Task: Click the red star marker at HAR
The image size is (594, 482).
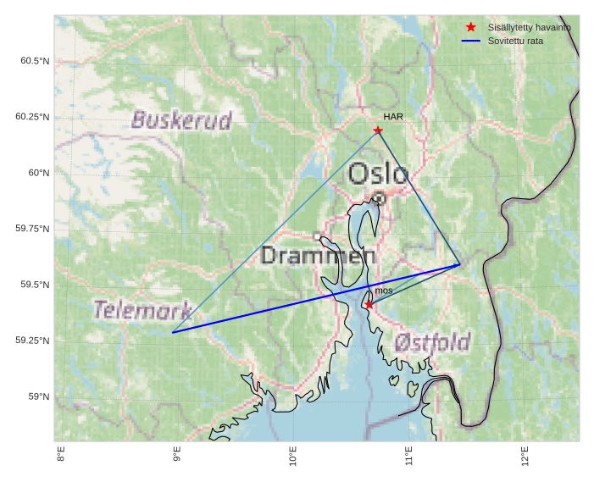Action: pyautogui.click(x=378, y=130)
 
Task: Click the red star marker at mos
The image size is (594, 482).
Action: pyautogui.click(x=369, y=304)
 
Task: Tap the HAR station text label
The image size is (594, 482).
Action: pyautogui.click(x=392, y=117)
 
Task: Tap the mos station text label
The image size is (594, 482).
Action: pyautogui.click(x=384, y=291)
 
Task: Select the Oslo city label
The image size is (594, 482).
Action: pyautogui.click(x=378, y=174)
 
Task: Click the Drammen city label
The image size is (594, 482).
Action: pyautogui.click(x=318, y=255)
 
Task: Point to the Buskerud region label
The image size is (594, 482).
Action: pyautogui.click(x=181, y=120)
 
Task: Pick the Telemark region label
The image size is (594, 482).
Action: pyautogui.click(x=142, y=310)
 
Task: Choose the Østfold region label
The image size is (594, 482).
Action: pyautogui.click(x=432, y=342)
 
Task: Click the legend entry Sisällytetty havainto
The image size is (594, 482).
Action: pyautogui.click(x=529, y=27)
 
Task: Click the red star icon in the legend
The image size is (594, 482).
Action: pyautogui.click(x=471, y=27)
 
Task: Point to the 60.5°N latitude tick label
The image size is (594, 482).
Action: pyautogui.click(x=34, y=60)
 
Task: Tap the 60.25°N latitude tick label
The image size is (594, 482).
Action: pyautogui.click(x=32, y=116)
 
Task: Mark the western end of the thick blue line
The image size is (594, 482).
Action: pyautogui.click(x=173, y=332)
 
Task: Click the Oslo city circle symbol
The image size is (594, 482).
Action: pyautogui.click(x=379, y=198)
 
